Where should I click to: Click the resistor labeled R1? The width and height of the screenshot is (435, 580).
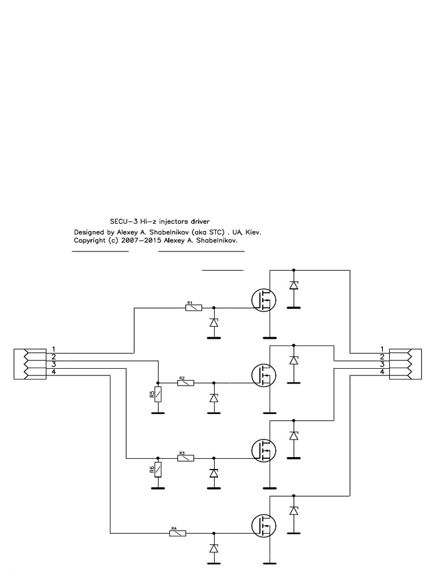coord(194,308)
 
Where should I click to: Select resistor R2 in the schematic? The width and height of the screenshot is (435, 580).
coord(185,383)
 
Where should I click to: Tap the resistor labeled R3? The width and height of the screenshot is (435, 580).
coord(185,458)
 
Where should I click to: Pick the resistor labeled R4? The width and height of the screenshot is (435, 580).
coord(177,533)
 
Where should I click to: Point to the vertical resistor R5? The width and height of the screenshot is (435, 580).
coord(158,394)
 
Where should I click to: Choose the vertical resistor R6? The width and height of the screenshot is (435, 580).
coord(158,469)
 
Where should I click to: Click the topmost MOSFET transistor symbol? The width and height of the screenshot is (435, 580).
coord(263,300)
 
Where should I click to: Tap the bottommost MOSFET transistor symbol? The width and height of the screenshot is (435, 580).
coord(263,525)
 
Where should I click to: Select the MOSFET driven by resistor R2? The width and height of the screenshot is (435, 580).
coord(263,375)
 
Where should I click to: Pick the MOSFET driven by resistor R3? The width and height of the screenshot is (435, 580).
coord(263,450)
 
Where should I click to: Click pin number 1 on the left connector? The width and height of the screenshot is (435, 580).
coord(53,348)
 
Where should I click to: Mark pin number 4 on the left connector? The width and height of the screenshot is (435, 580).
coord(53,372)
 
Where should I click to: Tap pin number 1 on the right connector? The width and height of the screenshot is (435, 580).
coord(382,348)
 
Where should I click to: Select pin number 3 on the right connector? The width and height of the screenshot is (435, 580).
coord(382,364)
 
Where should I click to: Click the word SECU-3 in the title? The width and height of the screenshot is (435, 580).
coord(121,220)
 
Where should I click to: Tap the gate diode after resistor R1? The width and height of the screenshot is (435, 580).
coord(214,323)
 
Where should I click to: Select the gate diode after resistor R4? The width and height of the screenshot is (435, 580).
coord(214,548)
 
